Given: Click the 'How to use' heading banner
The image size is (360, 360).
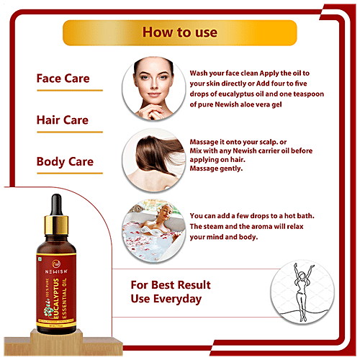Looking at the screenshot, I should coord(179,33).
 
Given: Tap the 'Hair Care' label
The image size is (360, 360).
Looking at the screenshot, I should coord(63,120).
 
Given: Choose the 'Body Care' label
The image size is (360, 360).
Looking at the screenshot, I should coord(65,161).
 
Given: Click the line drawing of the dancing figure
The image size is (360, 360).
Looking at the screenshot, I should coord(302,292).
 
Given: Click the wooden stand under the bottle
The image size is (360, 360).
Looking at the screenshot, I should coord(55,347).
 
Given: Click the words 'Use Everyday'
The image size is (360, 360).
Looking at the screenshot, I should coord(166,299).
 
